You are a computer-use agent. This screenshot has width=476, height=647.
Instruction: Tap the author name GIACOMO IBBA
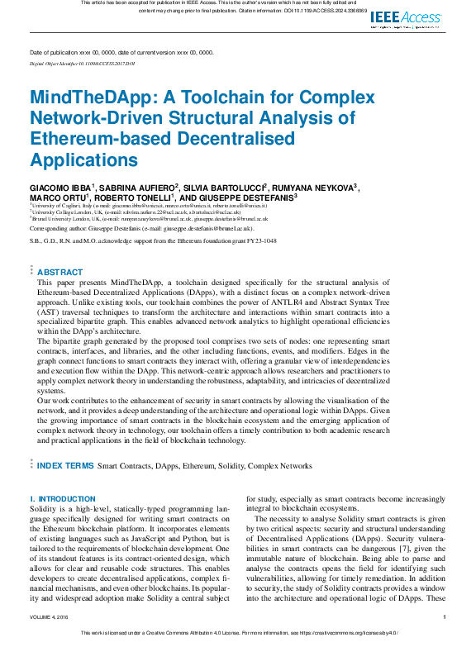click(60, 188)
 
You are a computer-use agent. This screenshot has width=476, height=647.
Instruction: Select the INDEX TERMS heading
click(66, 466)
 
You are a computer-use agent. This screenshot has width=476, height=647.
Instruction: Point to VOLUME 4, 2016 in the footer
click(51, 616)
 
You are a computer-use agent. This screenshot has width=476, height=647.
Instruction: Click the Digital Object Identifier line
click(82, 63)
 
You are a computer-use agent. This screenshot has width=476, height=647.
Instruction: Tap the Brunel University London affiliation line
click(149, 219)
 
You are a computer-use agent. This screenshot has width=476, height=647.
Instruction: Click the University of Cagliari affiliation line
click(149, 206)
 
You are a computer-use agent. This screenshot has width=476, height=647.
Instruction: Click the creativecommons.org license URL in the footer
click(347, 633)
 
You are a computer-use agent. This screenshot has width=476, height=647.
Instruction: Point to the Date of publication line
click(121, 52)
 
